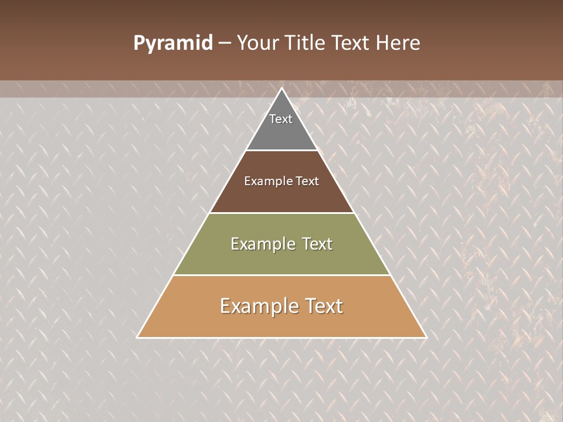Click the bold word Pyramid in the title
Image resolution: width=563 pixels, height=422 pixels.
point(172,43)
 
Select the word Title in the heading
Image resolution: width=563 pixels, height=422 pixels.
point(307,43)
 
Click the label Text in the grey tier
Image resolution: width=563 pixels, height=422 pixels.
point(281,119)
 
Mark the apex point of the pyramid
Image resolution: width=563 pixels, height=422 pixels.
point(281,89)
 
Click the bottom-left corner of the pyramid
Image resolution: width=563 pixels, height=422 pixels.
point(138,337)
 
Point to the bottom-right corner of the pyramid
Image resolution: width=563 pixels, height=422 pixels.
point(426,337)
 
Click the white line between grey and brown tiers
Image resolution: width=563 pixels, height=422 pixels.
point(281,150)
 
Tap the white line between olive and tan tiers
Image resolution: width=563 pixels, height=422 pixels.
point(281,275)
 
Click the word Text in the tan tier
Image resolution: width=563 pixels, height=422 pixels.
point(324,306)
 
